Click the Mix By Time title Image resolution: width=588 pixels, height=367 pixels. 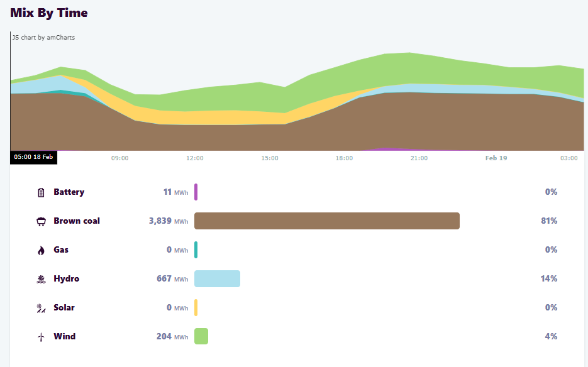coord(49,13)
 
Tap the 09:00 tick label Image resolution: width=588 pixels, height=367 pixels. coord(119,158)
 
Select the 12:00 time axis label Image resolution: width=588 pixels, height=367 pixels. coord(195,158)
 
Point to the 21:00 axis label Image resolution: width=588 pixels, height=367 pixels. coord(419,158)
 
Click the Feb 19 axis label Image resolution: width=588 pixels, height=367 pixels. coord(496,158)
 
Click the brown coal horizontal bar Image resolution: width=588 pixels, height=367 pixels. coord(327,221)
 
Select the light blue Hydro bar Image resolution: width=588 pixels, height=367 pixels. coord(217,278)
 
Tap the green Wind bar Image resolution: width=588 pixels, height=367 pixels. coord(201,336)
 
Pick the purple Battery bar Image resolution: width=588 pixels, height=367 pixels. coord(196,192)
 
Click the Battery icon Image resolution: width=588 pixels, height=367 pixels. coord(42,192)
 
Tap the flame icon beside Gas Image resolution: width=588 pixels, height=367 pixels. coord(42,250)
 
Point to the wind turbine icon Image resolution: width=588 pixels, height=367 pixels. coord(42,337)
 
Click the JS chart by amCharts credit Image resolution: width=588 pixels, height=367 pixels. coord(43,38)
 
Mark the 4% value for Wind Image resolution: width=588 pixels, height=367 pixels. coord(551,337)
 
